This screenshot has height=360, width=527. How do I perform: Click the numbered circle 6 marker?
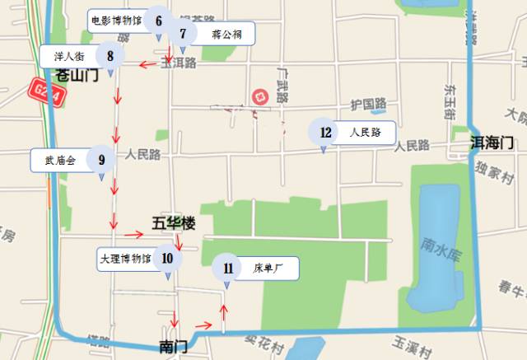(x=158, y=20)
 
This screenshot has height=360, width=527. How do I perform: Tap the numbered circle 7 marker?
(x=183, y=35)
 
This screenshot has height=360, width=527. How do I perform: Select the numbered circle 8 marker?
(x=110, y=56)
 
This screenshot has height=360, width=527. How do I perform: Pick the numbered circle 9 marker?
(x=100, y=160)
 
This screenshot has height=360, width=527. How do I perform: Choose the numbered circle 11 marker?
(x=227, y=268)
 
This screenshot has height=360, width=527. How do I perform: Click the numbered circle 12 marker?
(x=325, y=132)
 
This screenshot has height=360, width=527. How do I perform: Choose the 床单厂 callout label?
(x=268, y=268)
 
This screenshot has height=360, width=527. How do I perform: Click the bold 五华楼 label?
(x=174, y=223)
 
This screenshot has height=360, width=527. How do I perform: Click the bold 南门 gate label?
(x=174, y=346)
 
